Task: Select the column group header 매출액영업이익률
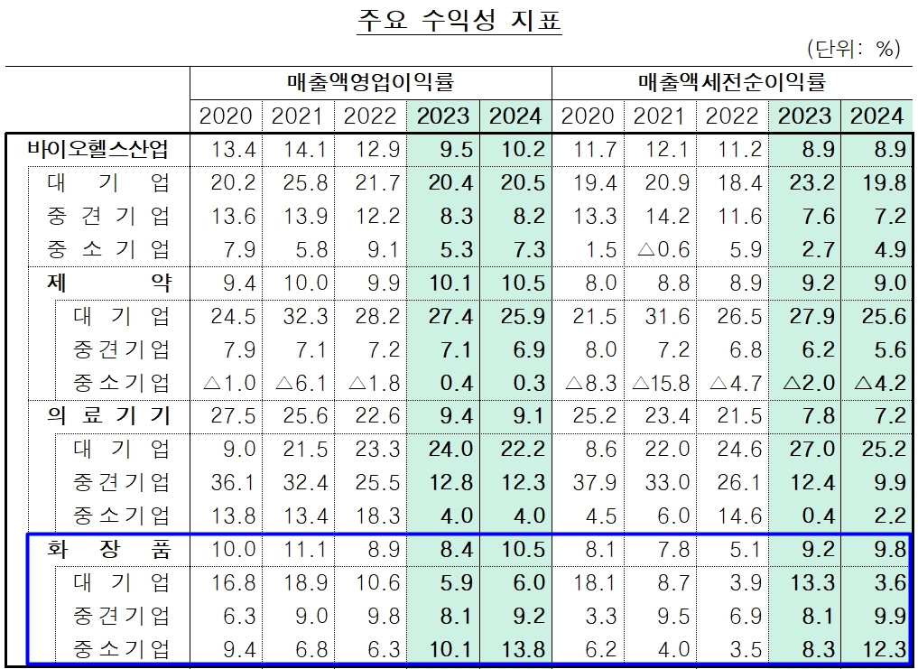click(x=370, y=83)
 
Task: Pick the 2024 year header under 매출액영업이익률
click(x=515, y=116)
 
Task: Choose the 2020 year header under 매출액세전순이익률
click(x=587, y=116)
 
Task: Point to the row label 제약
click(x=108, y=283)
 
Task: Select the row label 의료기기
click(x=108, y=415)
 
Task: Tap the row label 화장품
click(x=108, y=549)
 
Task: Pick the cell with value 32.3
click(x=298, y=316)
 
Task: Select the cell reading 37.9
click(x=593, y=482)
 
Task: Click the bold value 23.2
click(x=803, y=182)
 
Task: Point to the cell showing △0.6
click(x=663, y=249)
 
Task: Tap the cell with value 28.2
click(x=370, y=316)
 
